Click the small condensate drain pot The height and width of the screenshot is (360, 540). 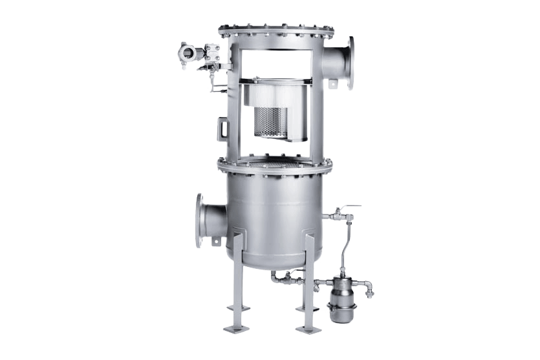click(x=341, y=298)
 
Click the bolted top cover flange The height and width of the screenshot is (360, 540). click(x=276, y=30)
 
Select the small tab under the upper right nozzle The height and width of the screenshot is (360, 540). click(x=334, y=84)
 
